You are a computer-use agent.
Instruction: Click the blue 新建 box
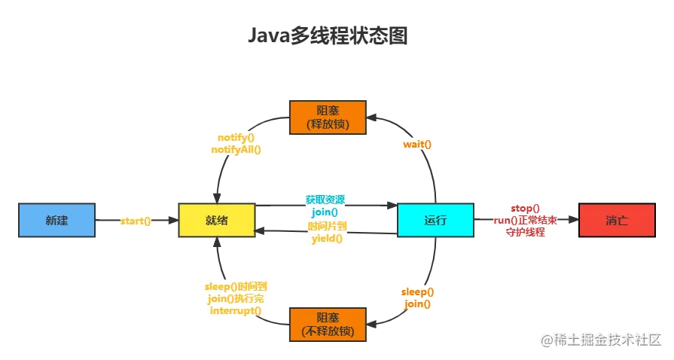point(57,220)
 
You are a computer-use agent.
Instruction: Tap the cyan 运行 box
point(435,220)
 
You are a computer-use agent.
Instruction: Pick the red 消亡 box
point(617,220)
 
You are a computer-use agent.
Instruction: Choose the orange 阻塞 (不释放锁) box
point(327,324)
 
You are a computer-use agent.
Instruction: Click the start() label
point(136,221)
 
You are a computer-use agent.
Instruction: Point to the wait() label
point(417,144)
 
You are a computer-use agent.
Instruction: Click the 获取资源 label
point(325,200)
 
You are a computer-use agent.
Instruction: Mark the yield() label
point(326,239)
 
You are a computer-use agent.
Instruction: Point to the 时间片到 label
point(326,227)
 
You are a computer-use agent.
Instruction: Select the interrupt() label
point(236,311)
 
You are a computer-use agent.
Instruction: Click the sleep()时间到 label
point(236,287)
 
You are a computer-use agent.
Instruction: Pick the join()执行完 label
point(236,299)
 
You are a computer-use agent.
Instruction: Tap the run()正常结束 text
point(525,220)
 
